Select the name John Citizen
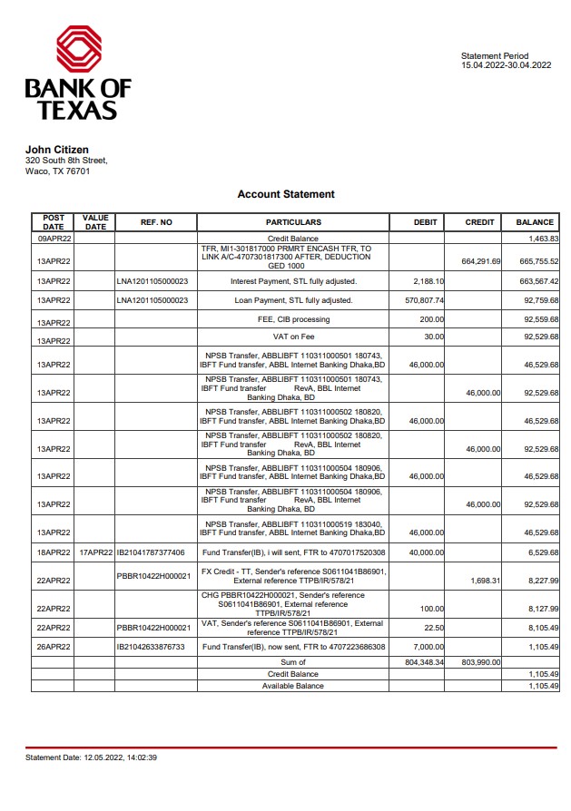pyautogui.click(x=56, y=150)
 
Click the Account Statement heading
pyautogui.click(x=286, y=194)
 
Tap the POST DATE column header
pyautogui.click(x=54, y=221)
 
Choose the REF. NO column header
pyautogui.click(x=156, y=222)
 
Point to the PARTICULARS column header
pyautogui.click(x=293, y=222)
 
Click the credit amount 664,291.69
pyautogui.click(x=481, y=261)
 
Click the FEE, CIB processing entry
pyautogui.click(x=293, y=319)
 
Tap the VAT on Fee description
pyautogui.click(x=293, y=337)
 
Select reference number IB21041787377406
pyautogui.click(x=151, y=552)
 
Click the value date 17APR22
pyautogui.click(x=95, y=552)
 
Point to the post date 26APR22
pyautogui.click(x=54, y=647)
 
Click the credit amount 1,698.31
pyautogui.click(x=483, y=580)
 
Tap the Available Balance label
pyautogui.click(x=292, y=686)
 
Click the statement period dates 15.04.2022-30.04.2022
pyautogui.click(x=506, y=65)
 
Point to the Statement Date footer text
pyautogui.click(x=91, y=757)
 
